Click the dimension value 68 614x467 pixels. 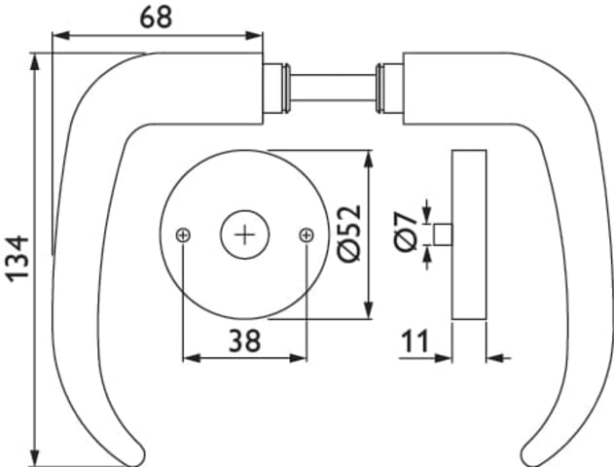point(156,18)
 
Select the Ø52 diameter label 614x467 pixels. point(349,233)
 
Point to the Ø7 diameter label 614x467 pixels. point(406,232)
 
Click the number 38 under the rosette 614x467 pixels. point(245,341)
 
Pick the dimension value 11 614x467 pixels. point(415,341)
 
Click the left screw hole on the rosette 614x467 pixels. point(183,235)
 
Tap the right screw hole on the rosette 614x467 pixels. point(307,235)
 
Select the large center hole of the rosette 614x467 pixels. point(245,234)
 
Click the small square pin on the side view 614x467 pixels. point(443,234)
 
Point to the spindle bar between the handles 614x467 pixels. point(333,89)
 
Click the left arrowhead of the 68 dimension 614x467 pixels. point(60,36)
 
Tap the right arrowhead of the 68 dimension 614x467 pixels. point(254,36)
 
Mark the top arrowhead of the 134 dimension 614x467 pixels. point(35,62)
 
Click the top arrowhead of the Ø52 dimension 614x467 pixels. point(369,160)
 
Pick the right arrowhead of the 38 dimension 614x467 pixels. point(298,358)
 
